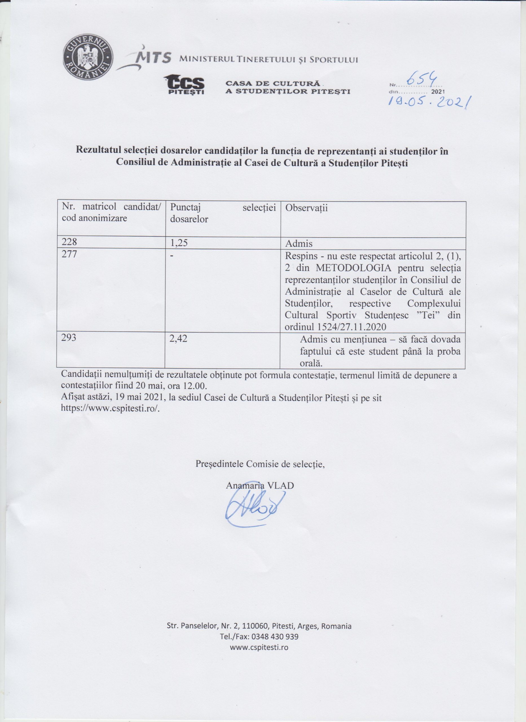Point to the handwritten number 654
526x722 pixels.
pos(421,78)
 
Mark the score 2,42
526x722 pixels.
pos(179,338)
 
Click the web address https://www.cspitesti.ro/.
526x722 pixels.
pos(109,408)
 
